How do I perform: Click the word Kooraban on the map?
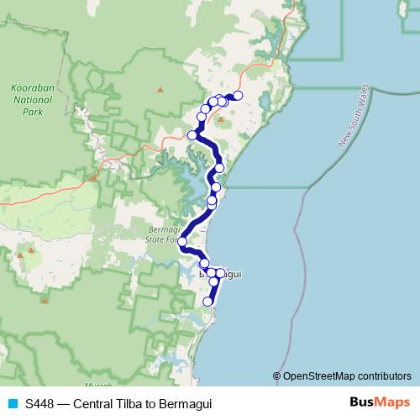click(33, 87)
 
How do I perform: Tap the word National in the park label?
click(33, 99)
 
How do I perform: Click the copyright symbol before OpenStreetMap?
click(277, 376)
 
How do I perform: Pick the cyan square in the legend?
click(13, 404)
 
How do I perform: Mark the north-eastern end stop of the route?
click(238, 96)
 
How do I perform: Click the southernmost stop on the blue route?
click(208, 302)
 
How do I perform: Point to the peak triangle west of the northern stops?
click(160, 88)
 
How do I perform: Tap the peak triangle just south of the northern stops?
click(220, 118)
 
